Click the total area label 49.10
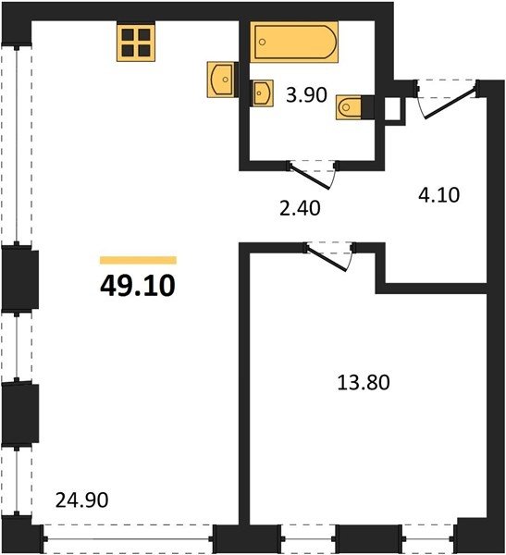click(138, 286)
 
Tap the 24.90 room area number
click(81, 500)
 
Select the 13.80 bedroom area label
click(364, 383)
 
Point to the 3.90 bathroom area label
click(306, 95)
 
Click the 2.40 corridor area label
click(300, 208)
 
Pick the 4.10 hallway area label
click(439, 194)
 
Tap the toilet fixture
click(349, 107)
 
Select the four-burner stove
click(136, 43)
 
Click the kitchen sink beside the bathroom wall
click(220, 80)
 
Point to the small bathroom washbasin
click(262, 93)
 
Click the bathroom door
click(312, 176)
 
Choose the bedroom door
click(328, 258)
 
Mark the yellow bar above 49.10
click(138, 260)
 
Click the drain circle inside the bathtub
click(262, 43)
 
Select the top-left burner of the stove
click(128, 35)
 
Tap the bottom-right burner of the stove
click(144, 51)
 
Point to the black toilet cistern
click(367, 107)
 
